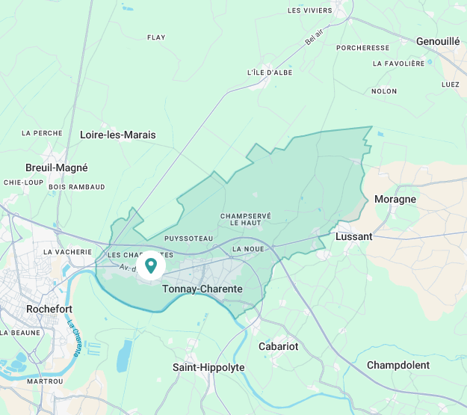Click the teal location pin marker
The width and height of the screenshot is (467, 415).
[151, 265]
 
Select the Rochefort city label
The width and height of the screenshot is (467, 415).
[49, 308]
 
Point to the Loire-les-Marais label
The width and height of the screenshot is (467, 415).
[117, 135]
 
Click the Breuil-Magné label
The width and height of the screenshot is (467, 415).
[57, 167]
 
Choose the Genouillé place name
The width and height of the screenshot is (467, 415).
[438, 41]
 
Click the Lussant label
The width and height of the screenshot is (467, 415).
[354, 236]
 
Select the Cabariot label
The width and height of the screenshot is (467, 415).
[278, 346]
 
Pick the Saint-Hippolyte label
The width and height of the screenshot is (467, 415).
[208, 367]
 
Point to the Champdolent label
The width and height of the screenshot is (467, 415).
[398, 365]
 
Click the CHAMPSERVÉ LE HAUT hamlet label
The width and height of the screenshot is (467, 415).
[245, 219]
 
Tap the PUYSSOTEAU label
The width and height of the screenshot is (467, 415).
[188, 239]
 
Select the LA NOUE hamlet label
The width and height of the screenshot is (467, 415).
[248, 248]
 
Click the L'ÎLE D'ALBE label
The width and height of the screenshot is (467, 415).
[269, 73]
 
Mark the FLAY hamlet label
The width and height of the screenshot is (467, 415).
[156, 37]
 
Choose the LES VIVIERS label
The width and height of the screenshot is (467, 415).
[310, 10]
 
